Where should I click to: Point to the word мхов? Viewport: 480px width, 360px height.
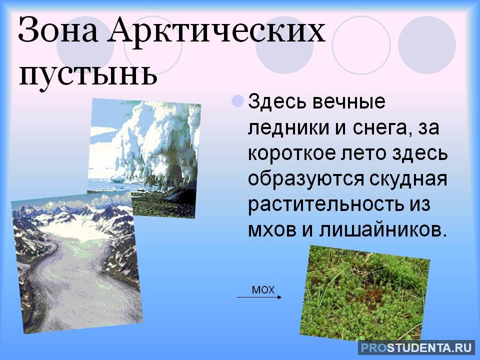(x=270, y=230)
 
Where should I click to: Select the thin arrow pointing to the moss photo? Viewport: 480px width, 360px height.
(x=259, y=297)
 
